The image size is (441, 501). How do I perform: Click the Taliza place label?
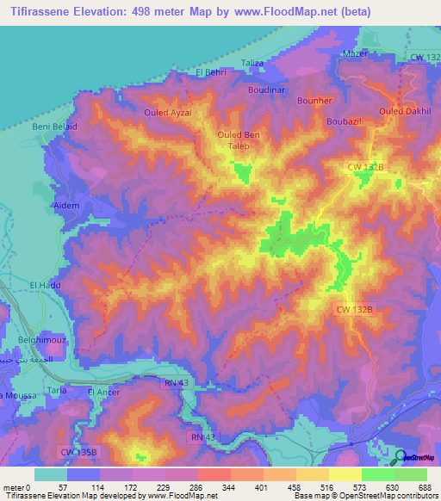(252, 63)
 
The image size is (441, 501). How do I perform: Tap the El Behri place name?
(211, 73)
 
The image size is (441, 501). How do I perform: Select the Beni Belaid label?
(55, 127)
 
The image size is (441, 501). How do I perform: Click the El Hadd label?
(43, 285)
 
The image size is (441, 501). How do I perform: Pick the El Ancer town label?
(103, 393)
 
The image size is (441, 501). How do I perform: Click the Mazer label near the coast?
(355, 53)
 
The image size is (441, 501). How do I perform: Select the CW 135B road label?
(80, 450)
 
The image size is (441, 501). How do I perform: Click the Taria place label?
(58, 390)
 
